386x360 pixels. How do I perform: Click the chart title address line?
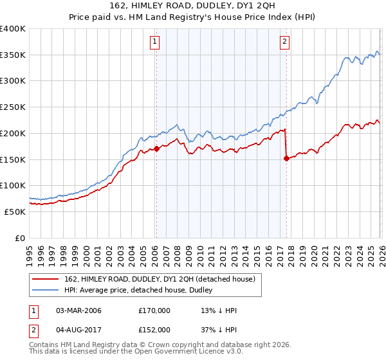(x=193, y=6)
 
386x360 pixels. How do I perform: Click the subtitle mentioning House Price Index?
(x=193, y=17)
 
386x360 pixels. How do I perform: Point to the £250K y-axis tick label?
(x=13, y=107)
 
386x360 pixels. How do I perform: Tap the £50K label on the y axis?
(x=15, y=212)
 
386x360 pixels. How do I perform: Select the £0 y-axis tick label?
(x=21, y=238)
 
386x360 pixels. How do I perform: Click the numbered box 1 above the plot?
(x=156, y=42)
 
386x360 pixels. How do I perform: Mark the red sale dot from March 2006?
(x=156, y=148)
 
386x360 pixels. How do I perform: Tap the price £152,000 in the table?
(x=154, y=329)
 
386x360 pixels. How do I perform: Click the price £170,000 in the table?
(x=154, y=310)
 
